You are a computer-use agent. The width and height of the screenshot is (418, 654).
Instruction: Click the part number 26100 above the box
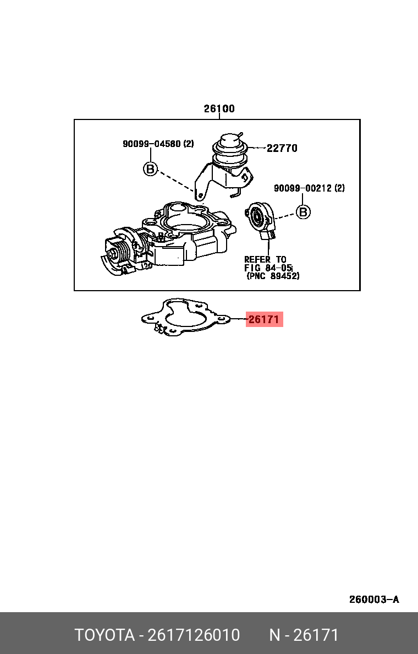click(219, 109)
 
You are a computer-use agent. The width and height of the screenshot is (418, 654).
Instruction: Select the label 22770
click(282, 148)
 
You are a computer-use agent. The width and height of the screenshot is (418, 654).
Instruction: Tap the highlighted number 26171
click(264, 319)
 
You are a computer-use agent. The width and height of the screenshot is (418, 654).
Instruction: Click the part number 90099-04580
click(152, 144)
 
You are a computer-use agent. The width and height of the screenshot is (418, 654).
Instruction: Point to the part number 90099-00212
click(303, 188)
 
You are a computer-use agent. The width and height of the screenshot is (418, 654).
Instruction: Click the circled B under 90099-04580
click(151, 169)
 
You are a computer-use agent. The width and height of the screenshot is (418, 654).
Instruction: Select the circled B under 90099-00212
click(303, 212)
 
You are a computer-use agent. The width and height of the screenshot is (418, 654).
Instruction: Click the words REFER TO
click(265, 259)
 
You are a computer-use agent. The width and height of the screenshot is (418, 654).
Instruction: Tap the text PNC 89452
click(273, 276)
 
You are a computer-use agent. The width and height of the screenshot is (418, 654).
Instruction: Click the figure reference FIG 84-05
click(268, 268)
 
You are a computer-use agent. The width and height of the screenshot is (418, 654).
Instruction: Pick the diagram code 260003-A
click(374, 599)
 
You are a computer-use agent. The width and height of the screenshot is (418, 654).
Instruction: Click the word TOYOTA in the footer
click(105, 635)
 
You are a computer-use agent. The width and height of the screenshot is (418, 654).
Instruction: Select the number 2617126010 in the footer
click(194, 635)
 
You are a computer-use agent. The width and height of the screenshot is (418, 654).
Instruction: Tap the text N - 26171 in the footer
click(304, 635)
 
